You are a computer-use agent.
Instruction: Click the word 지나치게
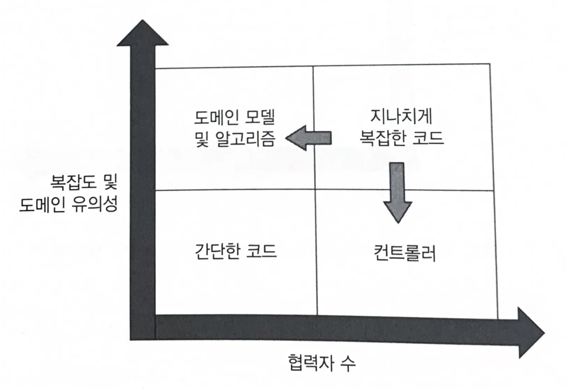[401, 116]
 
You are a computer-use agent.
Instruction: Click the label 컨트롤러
[404, 253]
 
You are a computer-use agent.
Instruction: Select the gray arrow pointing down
[398, 192]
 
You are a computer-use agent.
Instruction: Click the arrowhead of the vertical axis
[142, 32]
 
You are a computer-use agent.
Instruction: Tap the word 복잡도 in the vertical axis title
[73, 182]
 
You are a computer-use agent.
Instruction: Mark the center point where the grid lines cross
[315, 189]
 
